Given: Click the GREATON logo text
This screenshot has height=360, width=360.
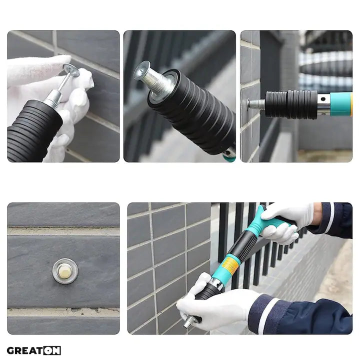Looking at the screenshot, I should coord(34,350).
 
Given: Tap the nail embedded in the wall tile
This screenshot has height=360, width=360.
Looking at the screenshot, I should coord(65,271).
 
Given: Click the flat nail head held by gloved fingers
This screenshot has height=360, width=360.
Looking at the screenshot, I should coord(71,71).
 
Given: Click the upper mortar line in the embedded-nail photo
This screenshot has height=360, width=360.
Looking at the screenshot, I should coord(63,231).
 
